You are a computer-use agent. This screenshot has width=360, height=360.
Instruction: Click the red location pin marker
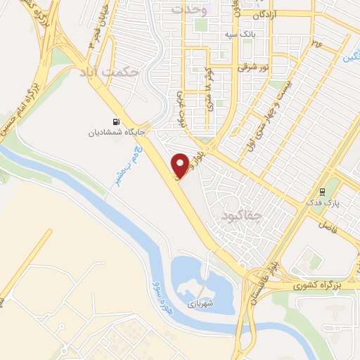click(x=181, y=165)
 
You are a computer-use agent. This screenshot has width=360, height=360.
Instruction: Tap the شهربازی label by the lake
click(x=200, y=305)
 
